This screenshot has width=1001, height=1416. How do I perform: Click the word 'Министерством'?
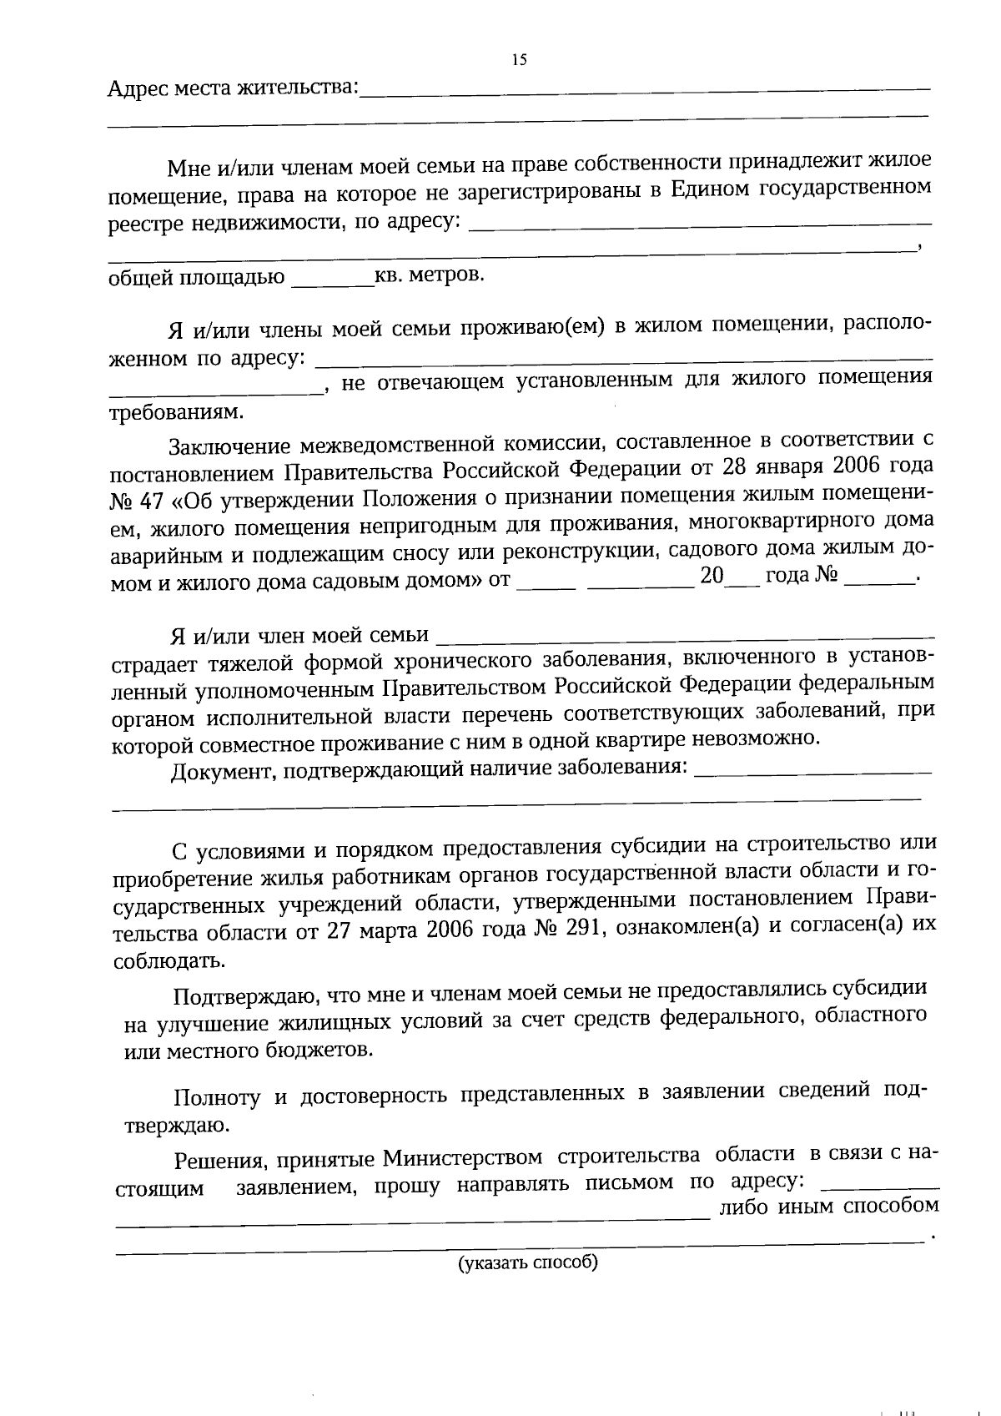pyautogui.click(x=463, y=1159)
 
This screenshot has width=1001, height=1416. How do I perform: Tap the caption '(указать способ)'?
pyautogui.click(x=527, y=1262)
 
